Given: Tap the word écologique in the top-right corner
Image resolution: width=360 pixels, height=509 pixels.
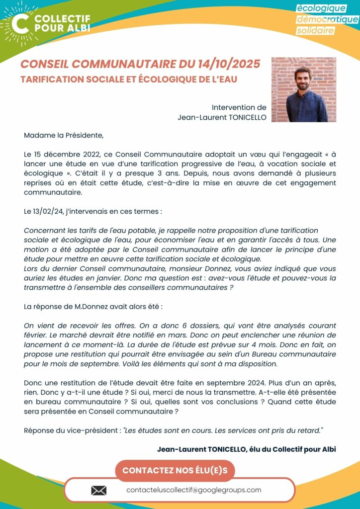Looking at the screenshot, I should click(321, 9).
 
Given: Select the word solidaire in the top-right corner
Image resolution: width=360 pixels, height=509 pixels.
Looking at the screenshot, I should click(315, 31).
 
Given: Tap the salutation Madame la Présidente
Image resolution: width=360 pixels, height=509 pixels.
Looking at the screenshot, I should click(64, 135).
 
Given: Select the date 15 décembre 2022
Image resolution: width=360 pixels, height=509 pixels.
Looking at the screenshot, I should click(63, 155).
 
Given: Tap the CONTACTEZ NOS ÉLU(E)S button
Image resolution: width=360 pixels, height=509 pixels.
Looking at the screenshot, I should click(175, 470).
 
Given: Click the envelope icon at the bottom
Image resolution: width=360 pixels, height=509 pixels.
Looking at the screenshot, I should click(99, 490).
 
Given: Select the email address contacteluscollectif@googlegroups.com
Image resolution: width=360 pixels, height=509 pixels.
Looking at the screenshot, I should click(193, 490).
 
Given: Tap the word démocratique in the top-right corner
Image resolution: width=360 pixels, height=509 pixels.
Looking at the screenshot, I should click(327, 20).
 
